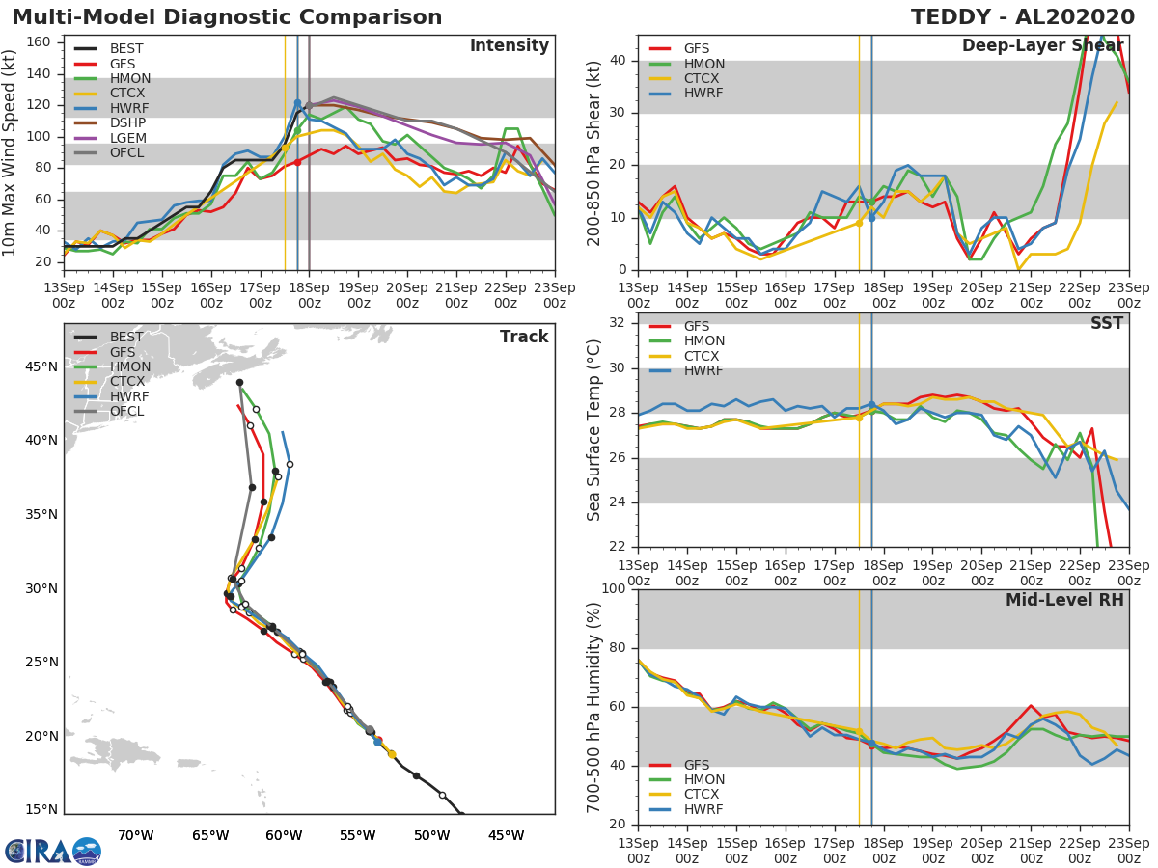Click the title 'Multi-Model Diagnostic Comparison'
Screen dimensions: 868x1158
click(x=227, y=17)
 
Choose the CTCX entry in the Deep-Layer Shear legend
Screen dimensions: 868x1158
click(x=703, y=78)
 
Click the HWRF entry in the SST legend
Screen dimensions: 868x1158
click(x=703, y=371)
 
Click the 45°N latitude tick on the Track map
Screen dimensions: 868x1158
click(x=41, y=366)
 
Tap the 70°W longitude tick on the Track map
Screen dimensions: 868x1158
click(x=136, y=836)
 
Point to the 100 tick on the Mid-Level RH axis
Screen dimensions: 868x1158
click(x=614, y=589)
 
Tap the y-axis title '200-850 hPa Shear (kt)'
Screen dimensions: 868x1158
click(x=594, y=152)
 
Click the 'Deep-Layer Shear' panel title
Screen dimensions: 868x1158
click(x=1042, y=46)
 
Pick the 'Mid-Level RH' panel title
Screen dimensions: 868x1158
click(x=1064, y=600)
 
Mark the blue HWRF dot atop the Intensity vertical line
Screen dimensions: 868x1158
click(x=297, y=103)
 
